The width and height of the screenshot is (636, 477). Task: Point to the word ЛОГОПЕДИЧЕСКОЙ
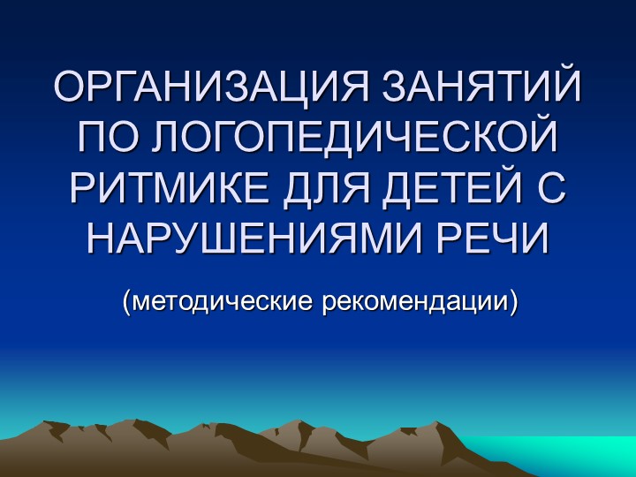click(x=352, y=137)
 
